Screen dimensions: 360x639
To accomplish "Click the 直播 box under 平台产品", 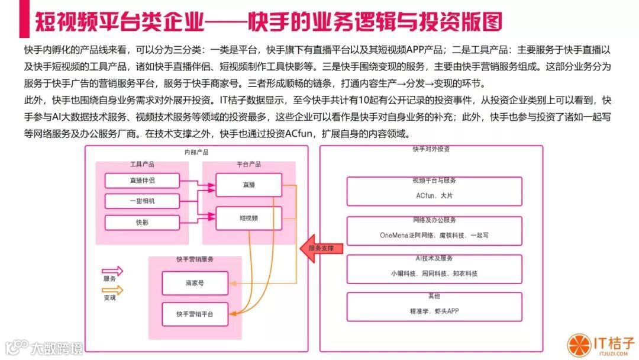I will tap(248, 185).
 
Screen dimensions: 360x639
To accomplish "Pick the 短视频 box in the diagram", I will tap(248, 218).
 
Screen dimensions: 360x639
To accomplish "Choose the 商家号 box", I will tap(195, 284).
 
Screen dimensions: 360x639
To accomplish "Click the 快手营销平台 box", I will tap(195, 313).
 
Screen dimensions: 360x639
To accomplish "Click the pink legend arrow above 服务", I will tap(112, 271).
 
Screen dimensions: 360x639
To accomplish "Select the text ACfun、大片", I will tap(434, 194).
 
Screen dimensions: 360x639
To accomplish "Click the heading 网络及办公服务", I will tap(434, 220).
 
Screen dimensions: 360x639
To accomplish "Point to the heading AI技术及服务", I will tap(434, 258).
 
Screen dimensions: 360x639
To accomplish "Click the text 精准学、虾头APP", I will tap(434, 310).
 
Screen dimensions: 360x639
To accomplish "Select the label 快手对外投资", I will tap(431, 149).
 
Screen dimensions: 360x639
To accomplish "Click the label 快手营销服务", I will tap(195, 259).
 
